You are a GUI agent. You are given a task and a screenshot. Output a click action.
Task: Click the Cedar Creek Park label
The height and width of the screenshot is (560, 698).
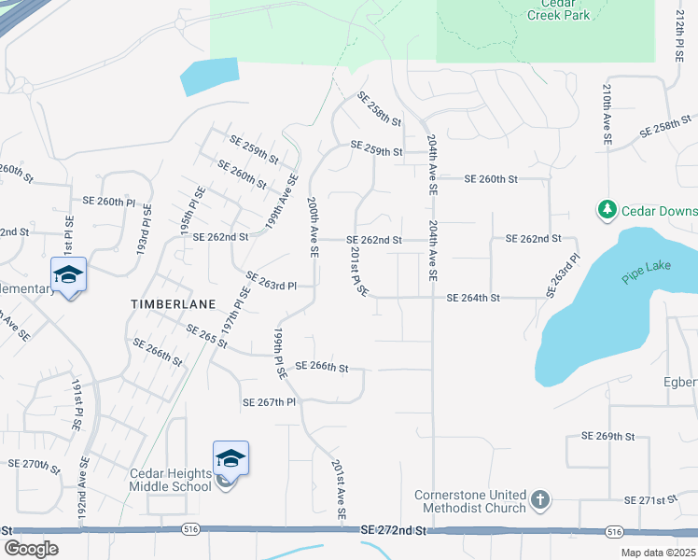[560, 9]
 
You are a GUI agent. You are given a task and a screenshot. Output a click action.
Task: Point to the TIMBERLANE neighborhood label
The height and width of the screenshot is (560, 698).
[173, 304]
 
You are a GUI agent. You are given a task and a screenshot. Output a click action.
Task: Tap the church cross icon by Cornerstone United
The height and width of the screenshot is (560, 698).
[539, 501]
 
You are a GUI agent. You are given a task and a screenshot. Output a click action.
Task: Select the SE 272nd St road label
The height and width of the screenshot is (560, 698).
[393, 529]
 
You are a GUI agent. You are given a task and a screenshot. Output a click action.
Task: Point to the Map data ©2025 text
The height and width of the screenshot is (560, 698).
[658, 553]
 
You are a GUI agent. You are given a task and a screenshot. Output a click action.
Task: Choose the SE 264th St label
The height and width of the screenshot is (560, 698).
[474, 298]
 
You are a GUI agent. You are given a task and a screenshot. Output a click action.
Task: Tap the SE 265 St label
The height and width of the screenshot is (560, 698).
[206, 337]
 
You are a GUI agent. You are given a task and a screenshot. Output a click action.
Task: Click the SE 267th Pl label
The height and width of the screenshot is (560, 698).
[269, 402]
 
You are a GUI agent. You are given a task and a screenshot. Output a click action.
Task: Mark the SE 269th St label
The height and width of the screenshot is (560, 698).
[607, 436]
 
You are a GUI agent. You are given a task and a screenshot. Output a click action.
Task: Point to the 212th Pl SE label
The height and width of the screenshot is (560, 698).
[680, 32]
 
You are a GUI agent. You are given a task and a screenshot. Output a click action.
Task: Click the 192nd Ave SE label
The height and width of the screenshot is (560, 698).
[84, 493]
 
